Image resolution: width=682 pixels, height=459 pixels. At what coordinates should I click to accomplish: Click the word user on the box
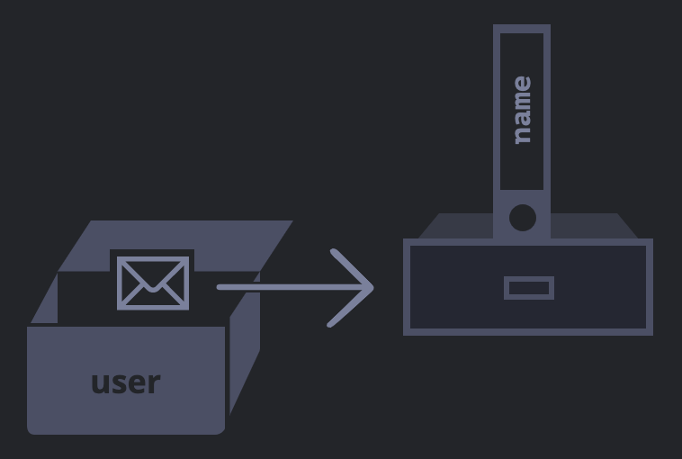tap(126, 382)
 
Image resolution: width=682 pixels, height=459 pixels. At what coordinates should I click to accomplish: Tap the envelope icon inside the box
tap(153, 283)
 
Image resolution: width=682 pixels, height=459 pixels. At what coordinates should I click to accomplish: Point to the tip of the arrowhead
tap(372, 288)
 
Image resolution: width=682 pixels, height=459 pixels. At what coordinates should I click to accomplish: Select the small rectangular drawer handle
tap(529, 288)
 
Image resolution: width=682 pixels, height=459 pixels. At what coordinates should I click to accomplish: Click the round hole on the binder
tap(522, 218)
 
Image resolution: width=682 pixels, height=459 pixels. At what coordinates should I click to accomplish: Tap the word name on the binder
tap(522, 111)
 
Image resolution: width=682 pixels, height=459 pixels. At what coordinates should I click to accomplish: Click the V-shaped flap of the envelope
tap(153, 274)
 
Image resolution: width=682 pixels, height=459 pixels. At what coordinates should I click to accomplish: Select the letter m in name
tap(522, 99)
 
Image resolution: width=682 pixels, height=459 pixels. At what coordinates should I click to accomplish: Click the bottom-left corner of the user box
tap(31, 430)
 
